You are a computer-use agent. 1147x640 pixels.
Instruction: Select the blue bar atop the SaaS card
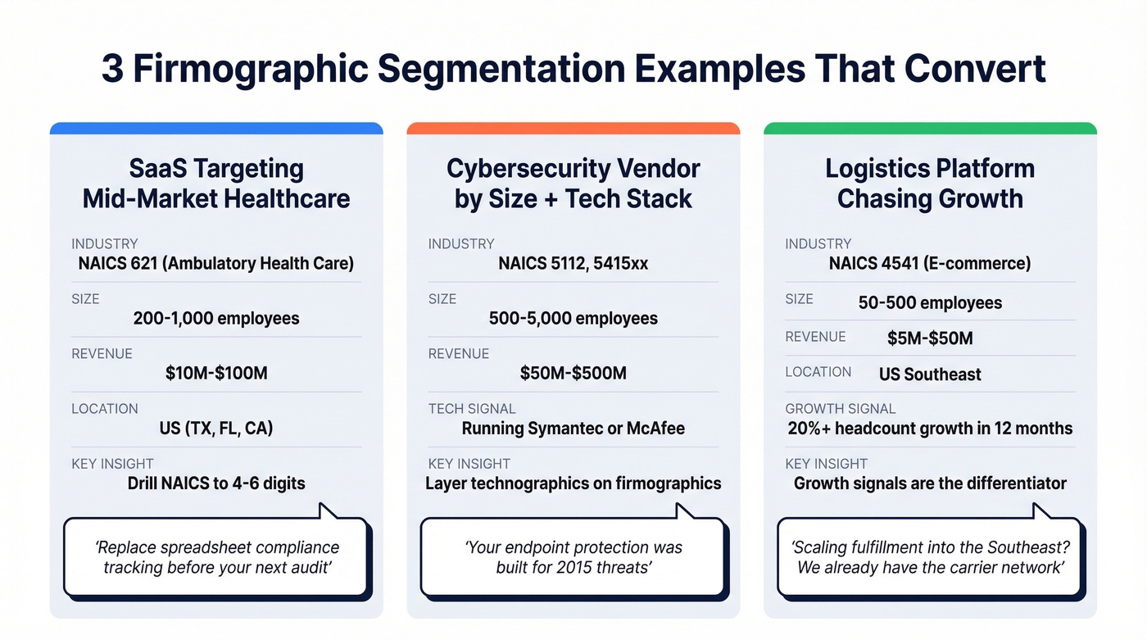[x=216, y=129]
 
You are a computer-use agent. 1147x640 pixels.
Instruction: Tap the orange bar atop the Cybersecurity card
[x=573, y=129]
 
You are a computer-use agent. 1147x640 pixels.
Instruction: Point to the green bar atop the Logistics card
[x=930, y=129]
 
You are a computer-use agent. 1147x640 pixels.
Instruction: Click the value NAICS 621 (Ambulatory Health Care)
[x=216, y=264]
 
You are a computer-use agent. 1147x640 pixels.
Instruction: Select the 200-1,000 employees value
[x=216, y=318]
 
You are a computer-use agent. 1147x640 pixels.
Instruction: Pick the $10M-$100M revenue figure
[x=216, y=374]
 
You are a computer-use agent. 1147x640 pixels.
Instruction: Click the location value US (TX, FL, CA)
[x=216, y=429]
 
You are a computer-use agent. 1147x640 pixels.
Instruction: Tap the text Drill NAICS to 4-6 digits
[x=216, y=483]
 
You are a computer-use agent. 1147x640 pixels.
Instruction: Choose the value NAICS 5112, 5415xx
[x=573, y=264]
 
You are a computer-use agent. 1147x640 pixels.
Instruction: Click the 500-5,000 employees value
[x=573, y=318]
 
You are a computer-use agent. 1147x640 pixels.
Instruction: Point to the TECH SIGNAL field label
[x=472, y=409]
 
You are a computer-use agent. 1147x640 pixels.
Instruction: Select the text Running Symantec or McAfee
[x=573, y=429]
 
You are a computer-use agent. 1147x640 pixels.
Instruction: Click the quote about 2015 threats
[x=573, y=557]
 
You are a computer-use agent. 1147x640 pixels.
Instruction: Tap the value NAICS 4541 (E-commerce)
[x=930, y=264]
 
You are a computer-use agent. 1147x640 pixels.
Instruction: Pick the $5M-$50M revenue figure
[x=930, y=338]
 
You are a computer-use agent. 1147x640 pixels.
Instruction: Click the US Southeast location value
[x=930, y=374]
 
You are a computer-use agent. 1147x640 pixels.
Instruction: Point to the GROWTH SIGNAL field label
[x=841, y=409]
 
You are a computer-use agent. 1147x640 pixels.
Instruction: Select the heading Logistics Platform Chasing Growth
[x=930, y=184]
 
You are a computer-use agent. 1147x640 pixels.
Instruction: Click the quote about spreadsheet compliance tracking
[x=216, y=557]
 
